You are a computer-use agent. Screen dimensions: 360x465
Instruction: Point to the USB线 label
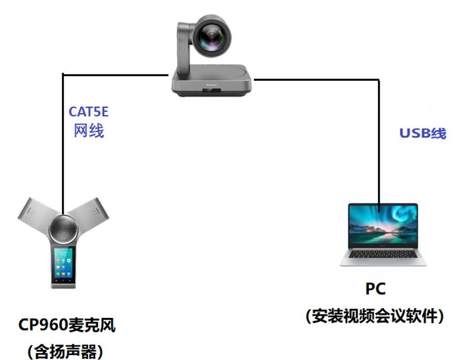click(x=422, y=134)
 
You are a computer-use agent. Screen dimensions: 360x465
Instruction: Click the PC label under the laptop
click(x=375, y=288)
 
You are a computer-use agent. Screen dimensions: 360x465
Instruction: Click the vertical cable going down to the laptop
click(x=378, y=142)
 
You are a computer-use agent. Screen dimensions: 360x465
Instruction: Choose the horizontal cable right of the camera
click(x=319, y=80)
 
